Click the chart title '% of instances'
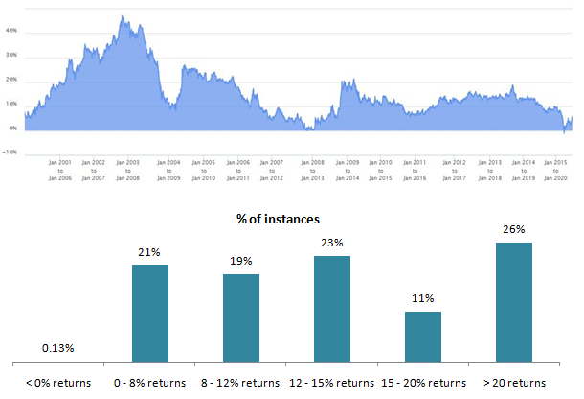point(278,220)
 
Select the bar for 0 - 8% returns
point(150,313)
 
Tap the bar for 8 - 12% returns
point(241,317)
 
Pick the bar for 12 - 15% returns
point(332,308)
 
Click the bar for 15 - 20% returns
point(423,336)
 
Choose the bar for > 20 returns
point(514,301)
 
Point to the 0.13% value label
point(57,348)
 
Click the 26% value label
point(514,229)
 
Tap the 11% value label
point(423,298)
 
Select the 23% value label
point(332,243)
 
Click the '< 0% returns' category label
point(58,382)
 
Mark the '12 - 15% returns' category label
point(332,382)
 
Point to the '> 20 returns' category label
point(514,382)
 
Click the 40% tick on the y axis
point(12,31)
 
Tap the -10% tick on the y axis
point(11,153)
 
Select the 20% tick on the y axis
point(12,80)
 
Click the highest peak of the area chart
point(124,16)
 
